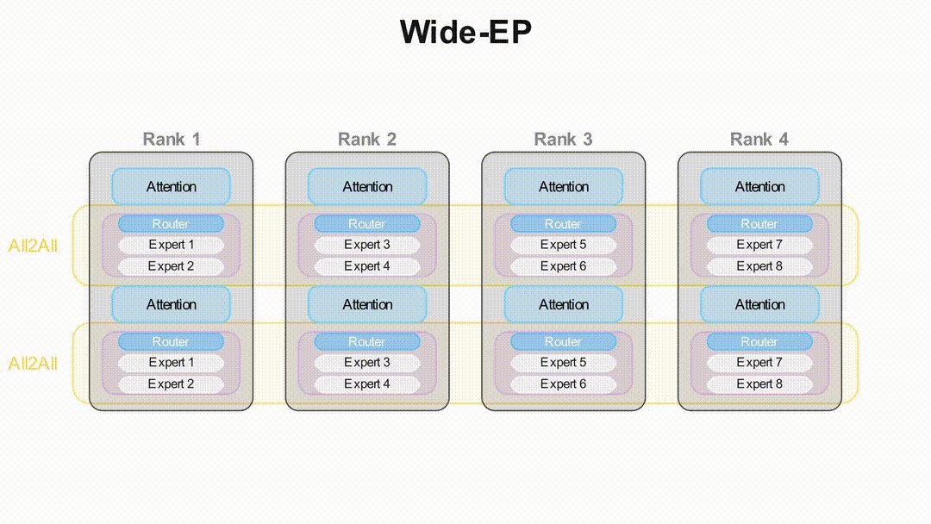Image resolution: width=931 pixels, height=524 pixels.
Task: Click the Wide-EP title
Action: [465, 33]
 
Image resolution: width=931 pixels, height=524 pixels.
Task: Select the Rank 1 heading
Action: [172, 139]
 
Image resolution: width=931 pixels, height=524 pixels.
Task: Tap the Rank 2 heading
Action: [367, 139]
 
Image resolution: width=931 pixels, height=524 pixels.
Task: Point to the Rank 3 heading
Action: [563, 139]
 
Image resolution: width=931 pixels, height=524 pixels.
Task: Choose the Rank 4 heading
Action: [759, 139]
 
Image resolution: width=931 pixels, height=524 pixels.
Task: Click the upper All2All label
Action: [33, 246]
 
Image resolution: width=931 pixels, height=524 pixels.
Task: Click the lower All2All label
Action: [33, 364]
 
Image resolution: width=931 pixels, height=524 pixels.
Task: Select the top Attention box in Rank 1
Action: [172, 186]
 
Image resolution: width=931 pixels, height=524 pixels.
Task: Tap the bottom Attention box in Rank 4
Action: [759, 304]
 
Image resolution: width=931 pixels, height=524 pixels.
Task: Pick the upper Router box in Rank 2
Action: [367, 224]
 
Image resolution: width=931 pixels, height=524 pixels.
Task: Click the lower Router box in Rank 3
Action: [563, 342]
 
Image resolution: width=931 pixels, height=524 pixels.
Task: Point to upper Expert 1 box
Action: [172, 245]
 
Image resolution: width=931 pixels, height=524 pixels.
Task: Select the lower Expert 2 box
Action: [172, 384]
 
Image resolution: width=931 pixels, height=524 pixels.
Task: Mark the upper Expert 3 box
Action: [367, 245]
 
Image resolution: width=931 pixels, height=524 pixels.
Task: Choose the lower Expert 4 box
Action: [367, 384]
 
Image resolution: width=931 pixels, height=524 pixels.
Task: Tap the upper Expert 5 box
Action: [563, 245]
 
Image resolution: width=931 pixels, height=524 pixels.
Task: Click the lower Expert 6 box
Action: [563, 384]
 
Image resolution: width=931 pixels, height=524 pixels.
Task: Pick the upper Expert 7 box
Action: [759, 245]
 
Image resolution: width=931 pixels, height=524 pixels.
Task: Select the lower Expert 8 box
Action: [759, 384]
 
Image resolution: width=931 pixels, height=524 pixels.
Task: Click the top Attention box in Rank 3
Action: [563, 186]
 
